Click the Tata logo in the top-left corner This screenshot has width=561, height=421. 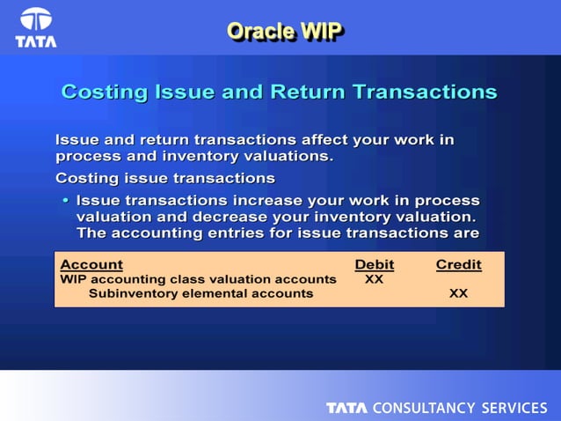pos(35,26)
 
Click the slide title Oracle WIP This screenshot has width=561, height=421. pos(284,31)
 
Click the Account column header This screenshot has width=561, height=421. pos(91,264)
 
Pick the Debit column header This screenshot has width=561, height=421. pos(374,264)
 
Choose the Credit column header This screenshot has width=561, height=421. pos(458,264)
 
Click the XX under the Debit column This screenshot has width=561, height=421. pos(374,279)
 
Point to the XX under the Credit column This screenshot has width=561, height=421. pos(458,293)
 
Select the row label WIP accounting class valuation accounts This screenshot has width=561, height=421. pos(198,279)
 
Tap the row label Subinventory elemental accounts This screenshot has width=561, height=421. pos(200,293)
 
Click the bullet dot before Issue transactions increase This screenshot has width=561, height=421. pos(65,201)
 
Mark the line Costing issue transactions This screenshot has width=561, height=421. pos(165,179)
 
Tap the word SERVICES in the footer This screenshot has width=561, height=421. pos(514,408)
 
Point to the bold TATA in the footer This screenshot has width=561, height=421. pos(347,408)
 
